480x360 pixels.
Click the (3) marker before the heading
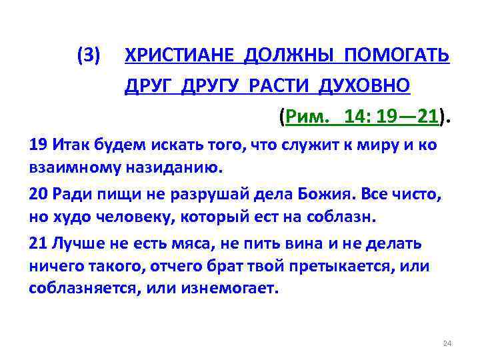89,56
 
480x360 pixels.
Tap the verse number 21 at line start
38,243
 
